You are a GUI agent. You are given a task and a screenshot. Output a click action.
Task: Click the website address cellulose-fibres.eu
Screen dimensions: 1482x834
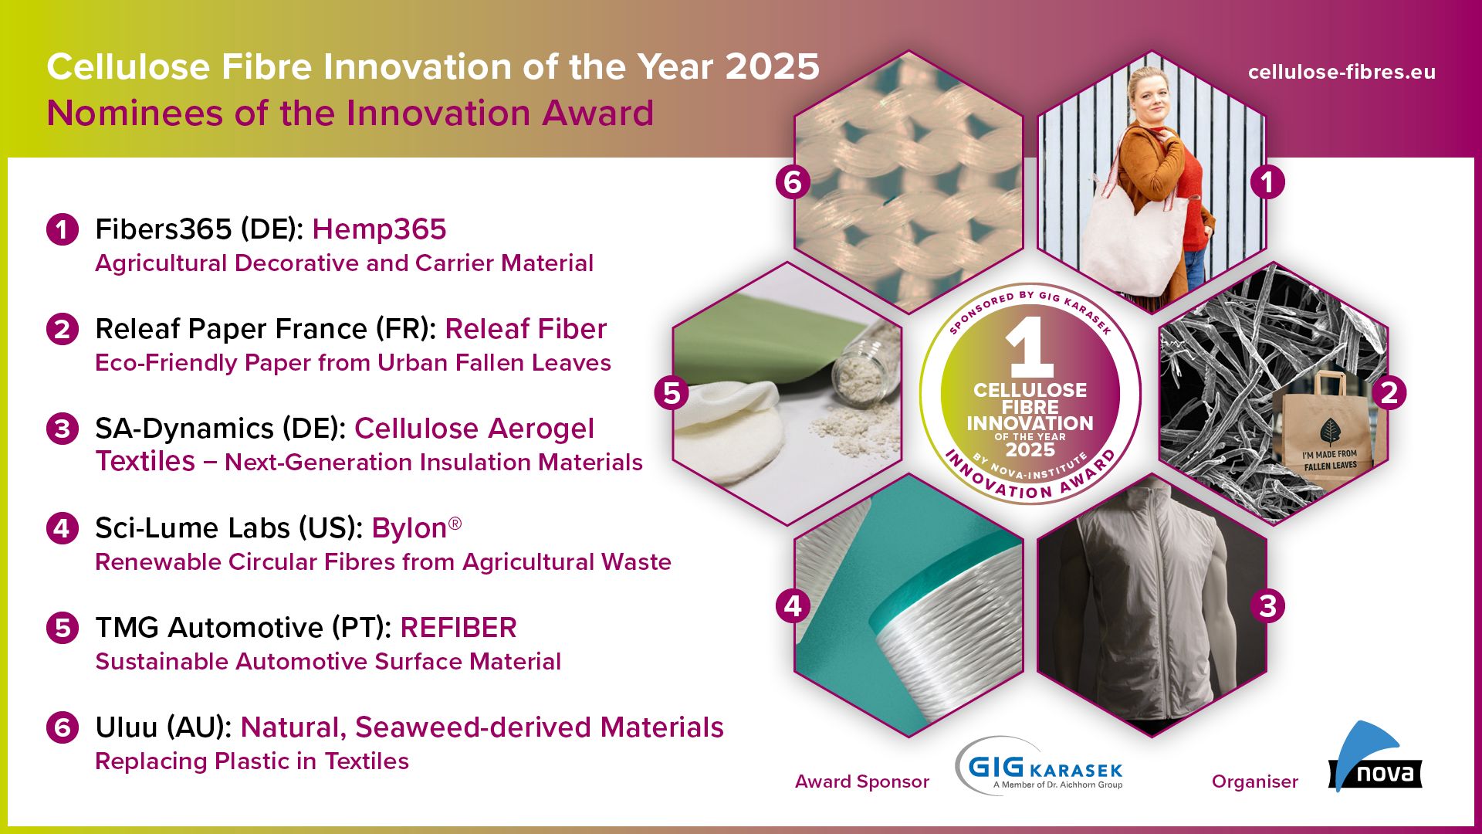point(1342,72)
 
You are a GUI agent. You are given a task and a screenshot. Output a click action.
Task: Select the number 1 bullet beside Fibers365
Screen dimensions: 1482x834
point(63,229)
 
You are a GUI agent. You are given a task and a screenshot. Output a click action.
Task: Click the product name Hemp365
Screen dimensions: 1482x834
point(379,229)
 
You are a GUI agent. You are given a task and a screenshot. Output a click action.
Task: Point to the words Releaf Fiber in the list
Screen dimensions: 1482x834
point(526,329)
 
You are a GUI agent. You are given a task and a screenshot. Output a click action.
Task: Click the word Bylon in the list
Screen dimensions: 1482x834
point(409,528)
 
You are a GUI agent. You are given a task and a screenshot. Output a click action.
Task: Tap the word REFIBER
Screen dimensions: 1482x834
point(458,628)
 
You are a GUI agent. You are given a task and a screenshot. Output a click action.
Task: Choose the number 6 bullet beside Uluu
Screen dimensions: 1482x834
point(63,727)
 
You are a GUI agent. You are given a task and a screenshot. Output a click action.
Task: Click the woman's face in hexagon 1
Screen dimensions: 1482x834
point(1149,94)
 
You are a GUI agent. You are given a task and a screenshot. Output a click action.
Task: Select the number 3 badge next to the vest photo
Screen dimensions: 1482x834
point(1267,606)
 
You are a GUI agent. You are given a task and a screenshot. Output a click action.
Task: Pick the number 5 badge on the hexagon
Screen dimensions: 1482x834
point(672,393)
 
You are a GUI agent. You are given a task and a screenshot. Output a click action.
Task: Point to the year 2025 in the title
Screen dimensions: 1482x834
point(772,67)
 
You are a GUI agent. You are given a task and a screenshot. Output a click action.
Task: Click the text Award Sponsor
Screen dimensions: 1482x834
point(862,781)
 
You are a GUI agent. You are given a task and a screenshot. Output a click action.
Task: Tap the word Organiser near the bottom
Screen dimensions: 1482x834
point(1255,781)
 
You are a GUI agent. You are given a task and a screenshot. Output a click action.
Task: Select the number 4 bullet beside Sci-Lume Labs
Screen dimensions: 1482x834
point(63,528)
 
